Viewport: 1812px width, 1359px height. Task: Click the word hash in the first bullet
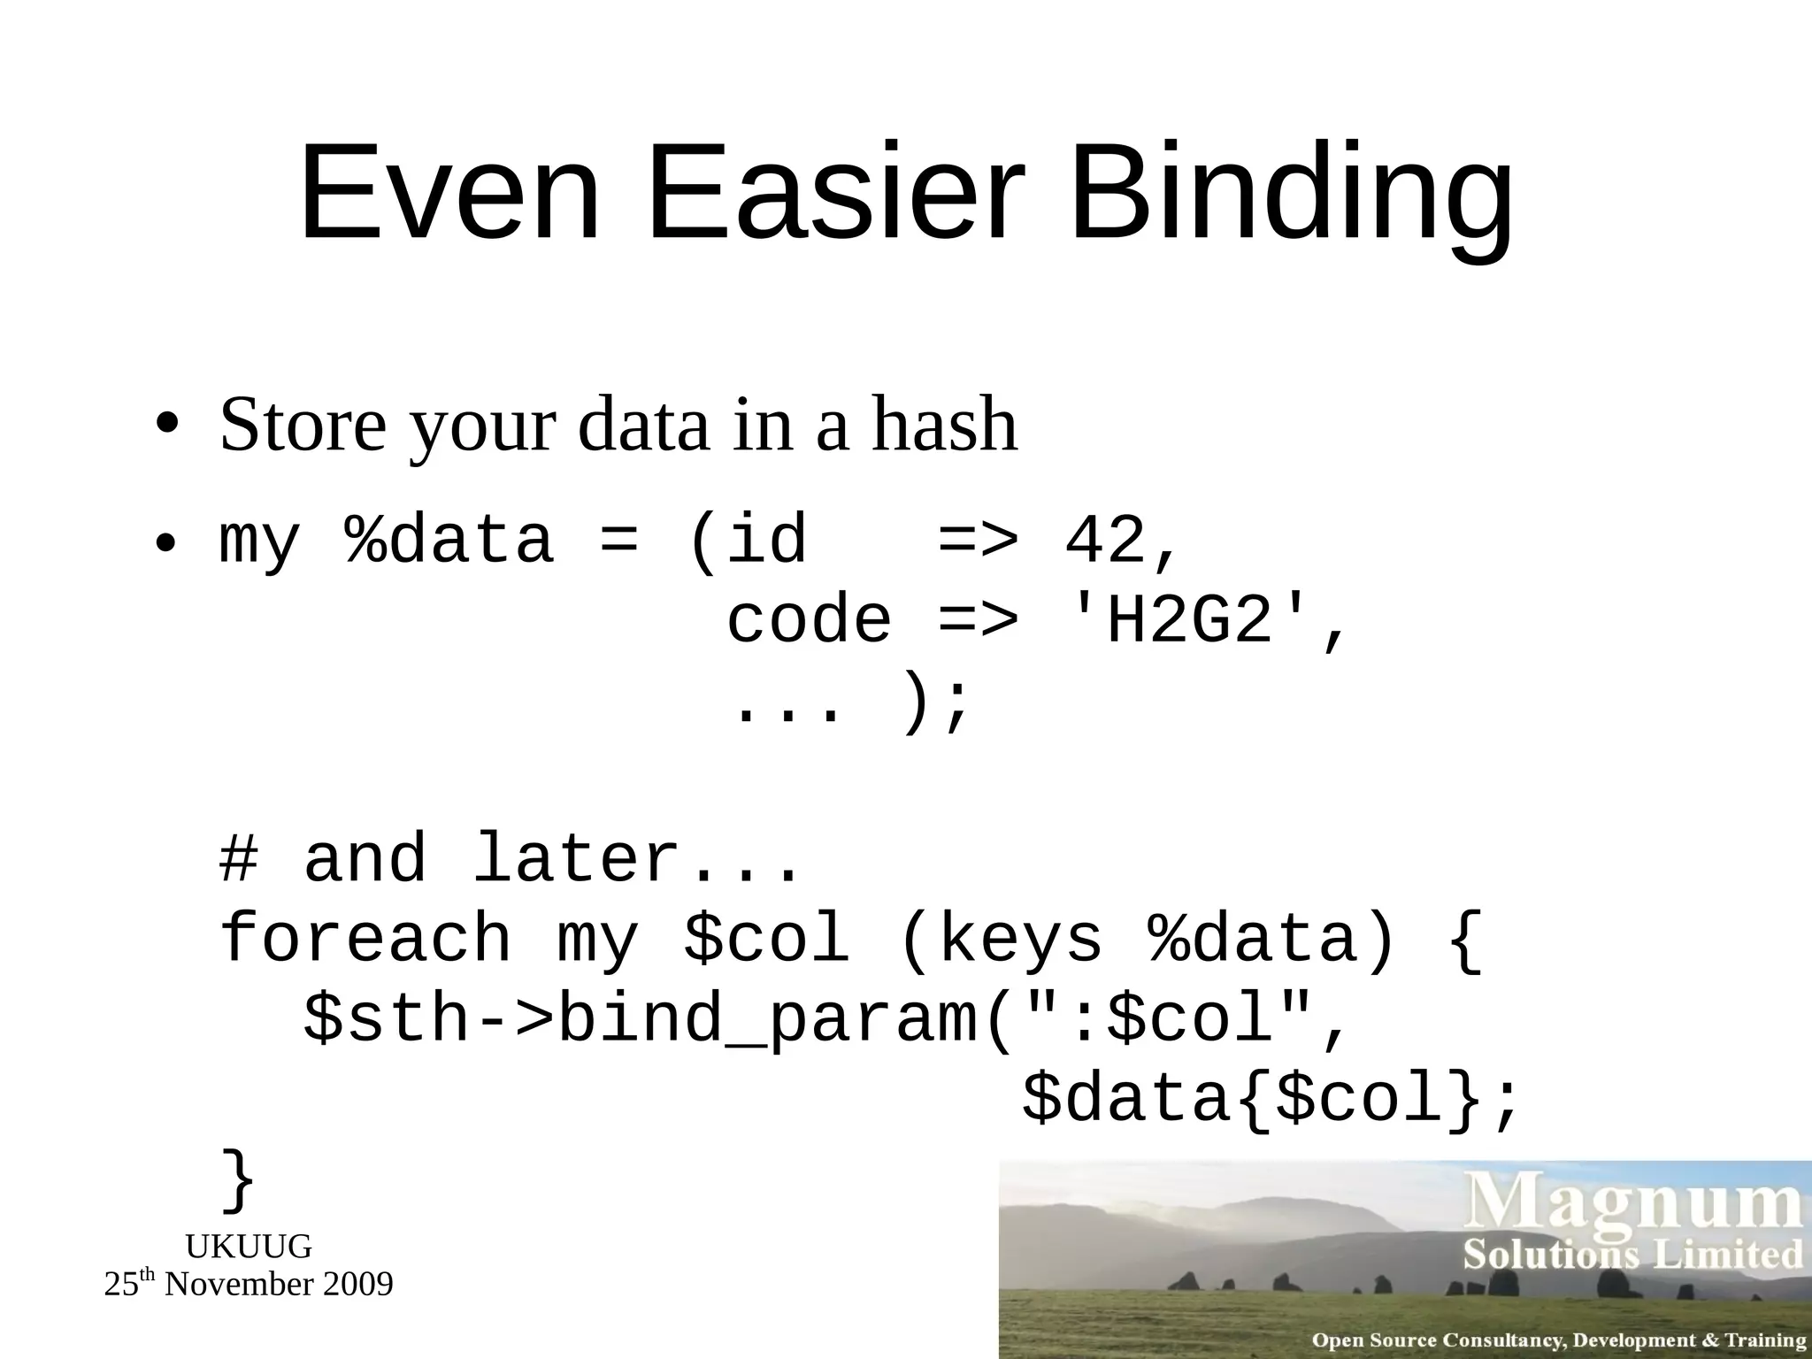tap(944, 425)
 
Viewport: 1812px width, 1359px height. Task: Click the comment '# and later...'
tap(510, 858)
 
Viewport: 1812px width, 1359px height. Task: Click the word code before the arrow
tap(809, 619)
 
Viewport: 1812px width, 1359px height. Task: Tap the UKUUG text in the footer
tap(249, 1247)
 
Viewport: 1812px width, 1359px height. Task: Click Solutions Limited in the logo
tap(1632, 1255)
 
